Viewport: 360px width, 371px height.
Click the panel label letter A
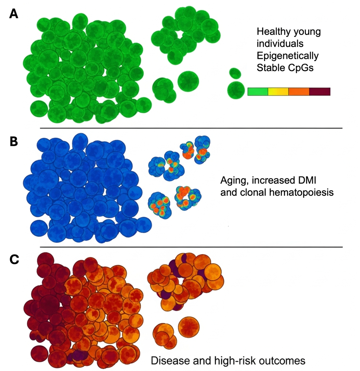click(13, 14)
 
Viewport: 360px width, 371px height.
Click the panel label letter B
click(13, 141)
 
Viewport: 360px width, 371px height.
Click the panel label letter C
click(14, 260)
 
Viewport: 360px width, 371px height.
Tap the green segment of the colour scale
click(258, 91)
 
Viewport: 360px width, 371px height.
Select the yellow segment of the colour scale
click(278, 91)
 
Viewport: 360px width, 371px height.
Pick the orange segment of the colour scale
click(299, 91)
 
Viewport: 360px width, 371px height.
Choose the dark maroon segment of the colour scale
click(320, 91)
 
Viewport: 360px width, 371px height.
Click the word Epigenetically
click(287, 56)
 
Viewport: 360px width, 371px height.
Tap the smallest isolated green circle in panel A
click(235, 73)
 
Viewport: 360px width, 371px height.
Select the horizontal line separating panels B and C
click(191, 247)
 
